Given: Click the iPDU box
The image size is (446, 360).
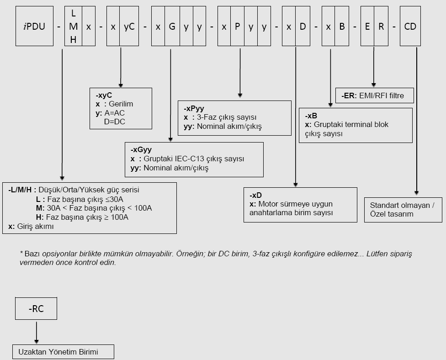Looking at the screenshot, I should (x=34, y=26).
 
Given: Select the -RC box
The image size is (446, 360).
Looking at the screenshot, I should (x=36, y=309).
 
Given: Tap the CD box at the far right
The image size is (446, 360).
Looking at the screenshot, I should (x=410, y=26).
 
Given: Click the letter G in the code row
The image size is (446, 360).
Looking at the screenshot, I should (x=172, y=26).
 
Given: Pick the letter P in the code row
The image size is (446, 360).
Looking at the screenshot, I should (x=238, y=26).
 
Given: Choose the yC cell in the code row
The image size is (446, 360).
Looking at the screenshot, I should (x=129, y=26).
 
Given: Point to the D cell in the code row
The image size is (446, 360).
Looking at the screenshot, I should (x=303, y=26).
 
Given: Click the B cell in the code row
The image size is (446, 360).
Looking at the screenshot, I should (x=341, y=26).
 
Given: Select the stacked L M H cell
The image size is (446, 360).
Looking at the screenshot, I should (x=73, y=26).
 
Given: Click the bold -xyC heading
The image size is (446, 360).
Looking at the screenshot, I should (x=104, y=95).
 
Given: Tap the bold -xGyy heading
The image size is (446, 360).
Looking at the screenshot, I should (x=141, y=150).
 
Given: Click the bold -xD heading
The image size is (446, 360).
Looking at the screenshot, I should (x=256, y=195).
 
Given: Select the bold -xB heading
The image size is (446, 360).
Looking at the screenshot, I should (x=311, y=116).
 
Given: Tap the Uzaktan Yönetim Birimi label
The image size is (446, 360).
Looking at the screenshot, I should (x=58, y=352).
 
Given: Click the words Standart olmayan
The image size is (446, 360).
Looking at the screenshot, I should (x=399, y=205).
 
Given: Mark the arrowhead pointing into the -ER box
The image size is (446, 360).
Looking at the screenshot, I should (x=374, y=85).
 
